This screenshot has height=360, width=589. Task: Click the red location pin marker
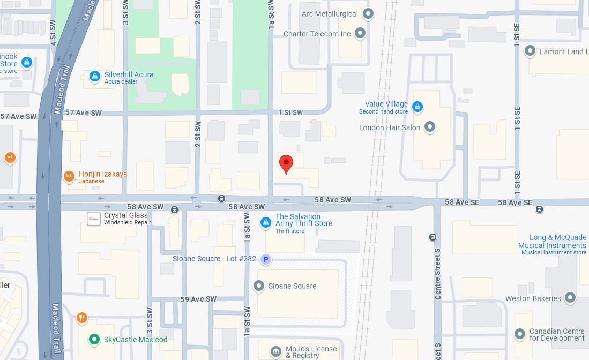pos(286,164)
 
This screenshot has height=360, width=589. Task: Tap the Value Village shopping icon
pos(417,108)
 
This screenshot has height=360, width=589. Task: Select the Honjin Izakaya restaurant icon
pos(69,176)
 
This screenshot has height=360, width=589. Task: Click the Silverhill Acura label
pos(129,74)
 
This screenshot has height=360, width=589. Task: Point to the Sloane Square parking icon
pos(265,259)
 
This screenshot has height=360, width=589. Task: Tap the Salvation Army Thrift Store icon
pos(265,222)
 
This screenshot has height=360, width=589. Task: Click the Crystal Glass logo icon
pos(94,218)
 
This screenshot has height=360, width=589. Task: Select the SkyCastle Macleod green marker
pos(94,339)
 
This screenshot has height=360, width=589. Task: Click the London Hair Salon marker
pos(430,127)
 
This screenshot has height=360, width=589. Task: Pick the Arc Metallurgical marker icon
pos(368,13)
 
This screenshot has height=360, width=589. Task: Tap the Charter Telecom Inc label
pos(317,34)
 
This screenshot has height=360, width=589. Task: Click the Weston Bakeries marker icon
pos(570,298)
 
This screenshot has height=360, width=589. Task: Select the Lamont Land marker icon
pos(530,51)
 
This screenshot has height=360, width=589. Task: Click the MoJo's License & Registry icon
pos(275,351)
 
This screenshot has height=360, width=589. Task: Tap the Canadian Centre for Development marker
pos(519,334)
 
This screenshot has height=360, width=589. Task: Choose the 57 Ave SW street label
pos(18,116)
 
